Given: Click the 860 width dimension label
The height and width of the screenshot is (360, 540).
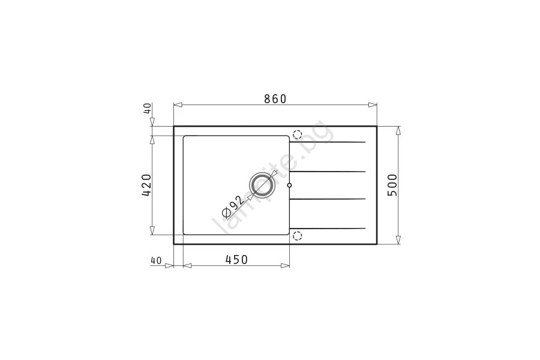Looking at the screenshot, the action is pyautogui.click(x=275, y=99).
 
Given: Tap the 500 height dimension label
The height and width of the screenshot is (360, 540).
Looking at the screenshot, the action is pyautogui.click(x=392, y=185).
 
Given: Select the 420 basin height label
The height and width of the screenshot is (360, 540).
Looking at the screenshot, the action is pyautogui.click(x=146, y=185).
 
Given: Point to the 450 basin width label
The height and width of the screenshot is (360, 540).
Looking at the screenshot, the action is pyautogui.click(x=236, y=259).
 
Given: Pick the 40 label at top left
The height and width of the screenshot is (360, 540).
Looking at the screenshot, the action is pyautogui.click(x=147, y=109).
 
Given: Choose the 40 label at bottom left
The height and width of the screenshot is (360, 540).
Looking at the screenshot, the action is pyautogui.click(x=156, y=261).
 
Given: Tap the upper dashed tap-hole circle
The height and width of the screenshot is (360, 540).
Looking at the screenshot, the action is pyautogui.click(x=297, y=134).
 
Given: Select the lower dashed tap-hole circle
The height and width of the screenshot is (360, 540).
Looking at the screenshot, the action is pyautogui.click(x=297, y=236).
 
